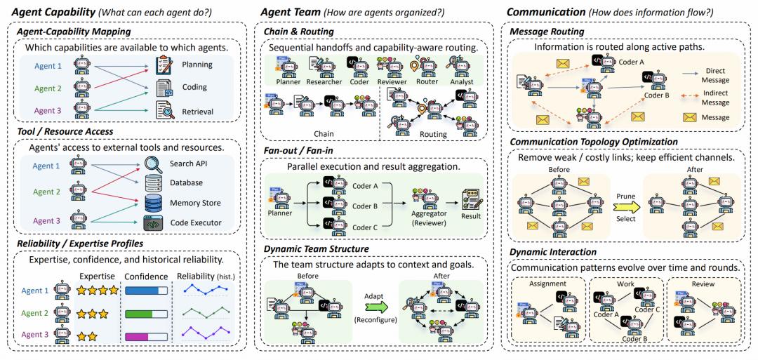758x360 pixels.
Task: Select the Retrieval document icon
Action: pyautogui.click(x=164, y=111)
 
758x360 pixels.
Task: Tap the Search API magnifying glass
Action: pyautogui.click(x=154, y=164)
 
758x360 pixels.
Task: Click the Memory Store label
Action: pyautogui.click(x=195, y=203)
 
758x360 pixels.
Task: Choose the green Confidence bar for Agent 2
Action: pyautogui.click(x=146, y=314)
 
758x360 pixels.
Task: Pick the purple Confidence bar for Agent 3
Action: pyautogui.click(x=146, y=336)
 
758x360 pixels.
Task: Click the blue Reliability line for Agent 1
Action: pyautogui.click(x=207, y=289)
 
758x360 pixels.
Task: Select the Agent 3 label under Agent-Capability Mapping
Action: pyautogui.click(x=48, y=111)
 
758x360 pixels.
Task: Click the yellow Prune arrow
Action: pyautogui.click(x=625, y=206)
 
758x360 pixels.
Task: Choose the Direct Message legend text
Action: pyautogui.click(x=715, y=75)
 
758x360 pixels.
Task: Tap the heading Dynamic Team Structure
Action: pyautogui.click(x=317, y=249)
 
